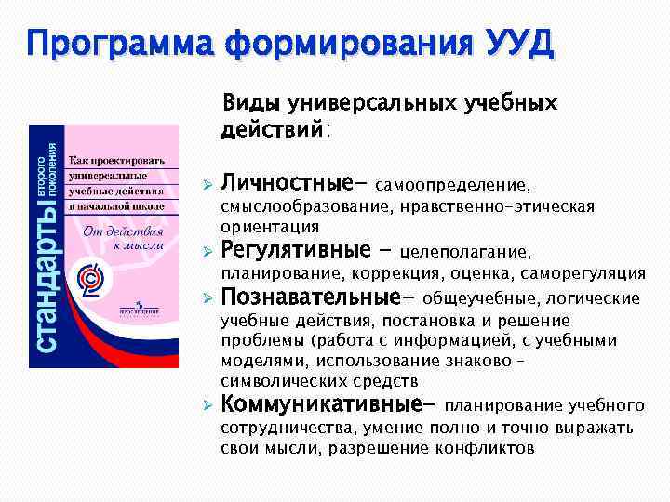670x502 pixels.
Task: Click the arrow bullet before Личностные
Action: (x=208, y=180)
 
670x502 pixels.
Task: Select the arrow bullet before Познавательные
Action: (x=208, y=298)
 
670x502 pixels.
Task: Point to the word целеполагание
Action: (x=462, y=252)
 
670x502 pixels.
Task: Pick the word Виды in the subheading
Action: (x=247, y=103)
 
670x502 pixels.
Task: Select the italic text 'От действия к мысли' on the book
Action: (x=125, y=238)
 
